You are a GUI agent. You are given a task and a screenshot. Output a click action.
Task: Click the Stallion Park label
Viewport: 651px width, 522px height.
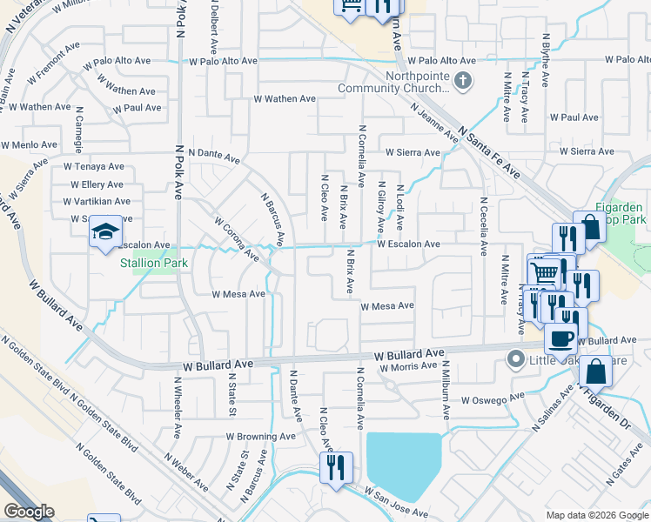(154, 261)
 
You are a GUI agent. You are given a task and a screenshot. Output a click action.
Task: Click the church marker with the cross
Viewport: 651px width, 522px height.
(463, 83)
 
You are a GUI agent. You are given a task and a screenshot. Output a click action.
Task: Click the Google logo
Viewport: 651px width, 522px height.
(28, 512)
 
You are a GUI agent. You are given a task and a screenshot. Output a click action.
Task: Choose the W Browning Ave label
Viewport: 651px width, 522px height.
(261, 436)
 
